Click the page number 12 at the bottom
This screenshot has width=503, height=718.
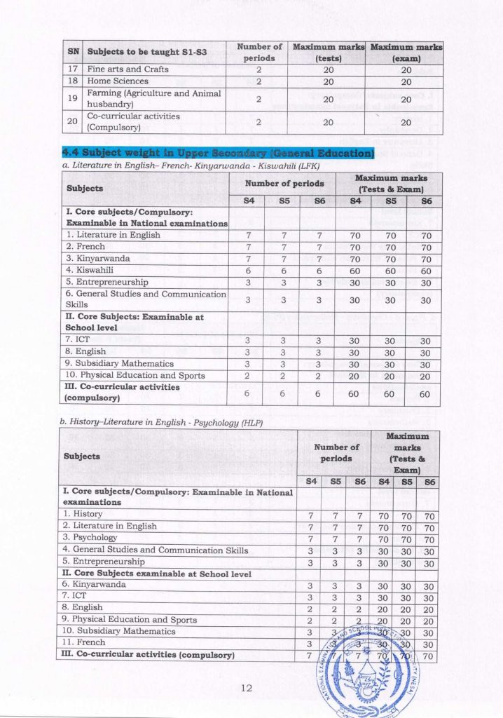point(246,688)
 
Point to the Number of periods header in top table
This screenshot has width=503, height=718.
point(259,52)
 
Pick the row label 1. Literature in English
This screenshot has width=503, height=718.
point(113,235)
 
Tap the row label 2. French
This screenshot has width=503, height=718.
point(85,247)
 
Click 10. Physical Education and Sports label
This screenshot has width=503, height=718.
point(135,375)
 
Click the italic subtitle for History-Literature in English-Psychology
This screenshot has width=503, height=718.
point(167,423)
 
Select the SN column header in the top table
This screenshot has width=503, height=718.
point(73,52)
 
